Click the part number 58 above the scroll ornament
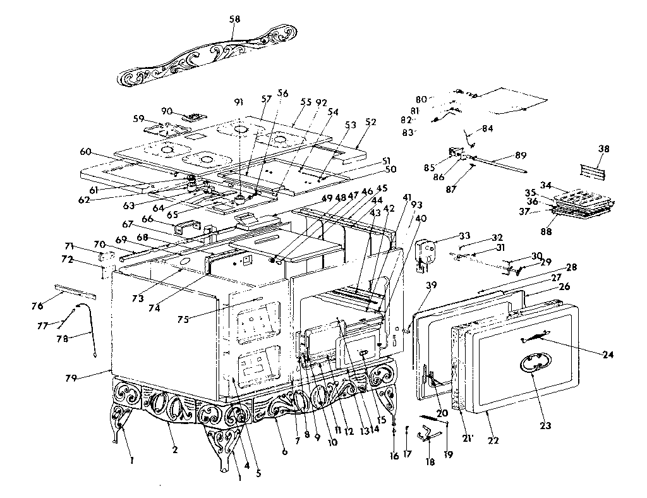(x=235, y=20)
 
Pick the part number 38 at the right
(x=604, y=149)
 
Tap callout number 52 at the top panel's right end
(x=370, y=122)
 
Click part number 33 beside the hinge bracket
(x=447, y=235)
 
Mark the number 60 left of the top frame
(x=87, y=152)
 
